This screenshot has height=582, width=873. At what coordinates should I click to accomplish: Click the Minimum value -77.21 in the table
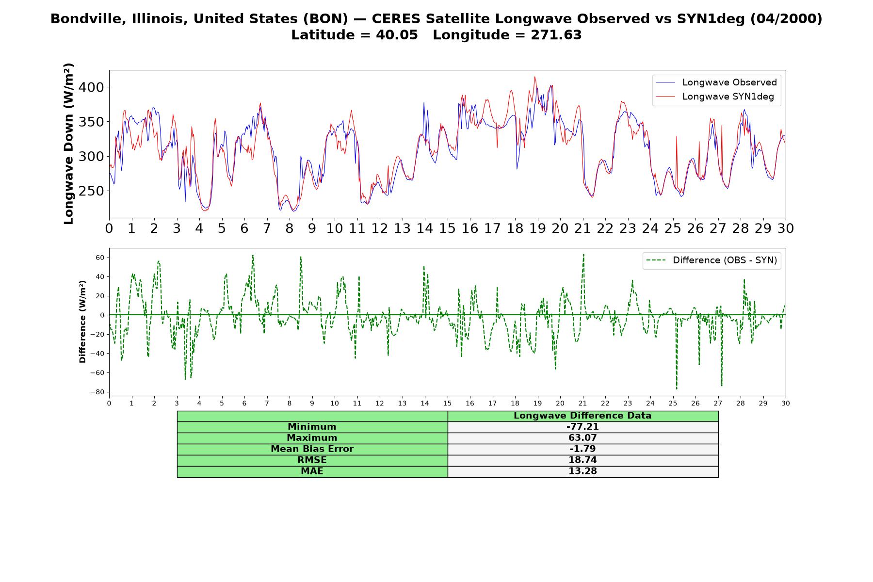582,427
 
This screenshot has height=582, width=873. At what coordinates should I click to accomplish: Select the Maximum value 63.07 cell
582,438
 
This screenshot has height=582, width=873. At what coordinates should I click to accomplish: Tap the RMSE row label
312,460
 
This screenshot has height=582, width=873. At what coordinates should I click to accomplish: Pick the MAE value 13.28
582,471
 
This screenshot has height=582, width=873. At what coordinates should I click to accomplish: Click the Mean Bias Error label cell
312,449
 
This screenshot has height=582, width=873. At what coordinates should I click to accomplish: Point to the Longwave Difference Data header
582,416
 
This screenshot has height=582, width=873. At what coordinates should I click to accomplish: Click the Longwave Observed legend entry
716,82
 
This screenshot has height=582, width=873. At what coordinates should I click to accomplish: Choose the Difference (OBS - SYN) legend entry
711,260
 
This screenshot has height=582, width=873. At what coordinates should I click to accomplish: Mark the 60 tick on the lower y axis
100,258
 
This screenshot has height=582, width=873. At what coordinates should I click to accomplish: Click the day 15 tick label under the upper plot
447,228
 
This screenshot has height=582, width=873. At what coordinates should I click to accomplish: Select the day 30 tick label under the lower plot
786,403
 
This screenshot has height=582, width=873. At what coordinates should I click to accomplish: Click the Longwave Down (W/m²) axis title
68,144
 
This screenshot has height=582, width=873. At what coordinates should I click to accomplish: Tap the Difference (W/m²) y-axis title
82,322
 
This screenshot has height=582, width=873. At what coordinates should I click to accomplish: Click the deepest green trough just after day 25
677,389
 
